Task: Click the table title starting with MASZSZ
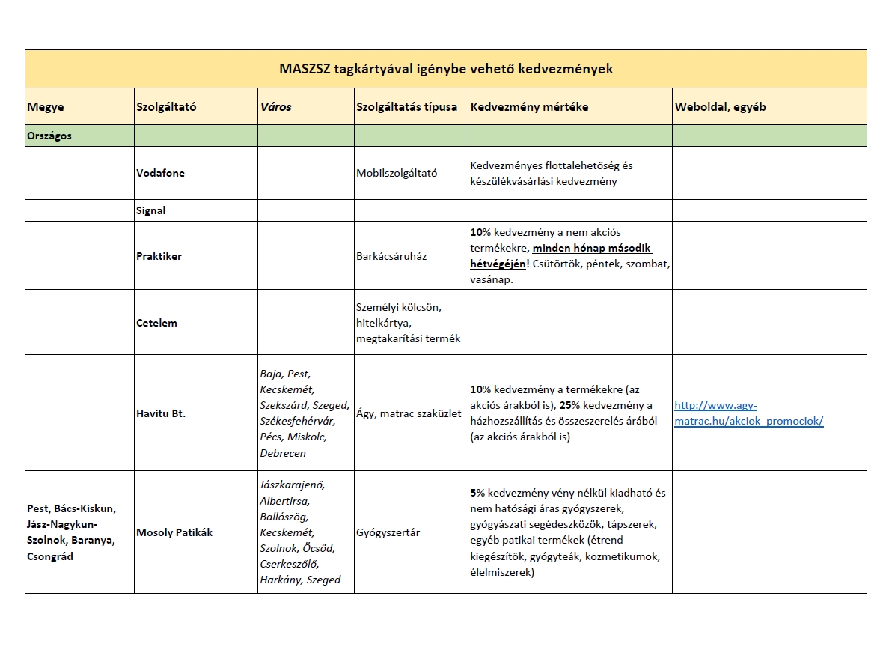(x=445, y=69)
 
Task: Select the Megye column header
(x=46, y=107)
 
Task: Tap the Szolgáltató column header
(x=166, y=107)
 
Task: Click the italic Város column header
(x=275, y=107)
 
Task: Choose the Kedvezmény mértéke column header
(x=529, y=107)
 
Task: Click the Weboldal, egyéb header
(x=720, y=107)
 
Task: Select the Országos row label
(x=49, y=136)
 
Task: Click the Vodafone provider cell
(x=160, y=173)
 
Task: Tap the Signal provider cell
(x=151, y=210)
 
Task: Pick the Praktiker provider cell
(x=159, y=256)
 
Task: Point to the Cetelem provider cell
(x=156, y=323)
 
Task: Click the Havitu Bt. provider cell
(x=161, y=413)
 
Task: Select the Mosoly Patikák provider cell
(x=174, y=532)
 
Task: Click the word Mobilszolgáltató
(x=397, y=173)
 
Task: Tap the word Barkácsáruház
(x=391, y=256)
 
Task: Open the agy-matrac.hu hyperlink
(x=748, y=413)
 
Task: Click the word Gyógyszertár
(x=388, y=532)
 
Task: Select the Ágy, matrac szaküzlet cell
(x=409, y=413)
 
